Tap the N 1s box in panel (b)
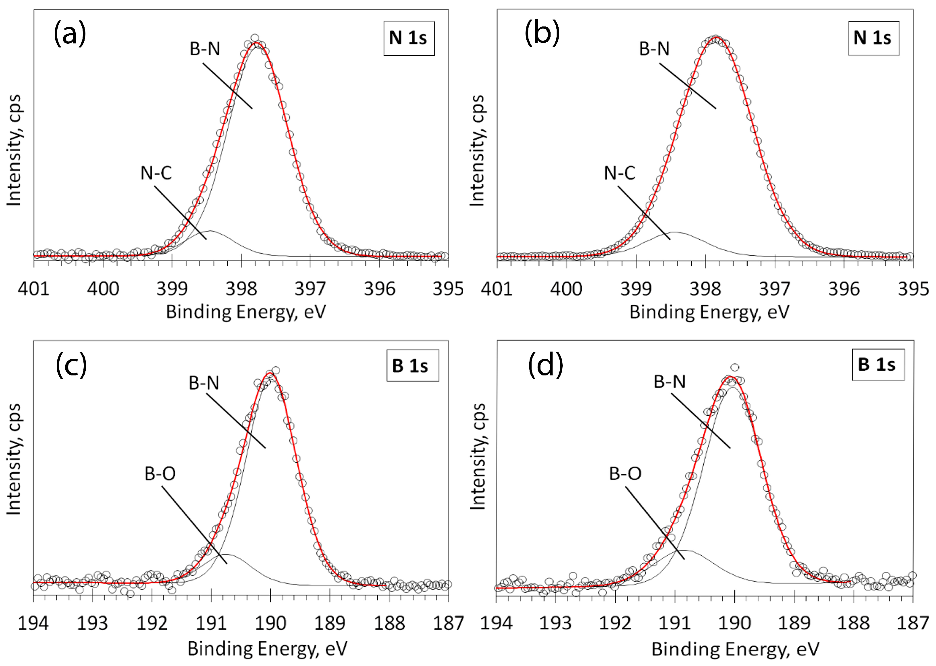(x=873, y=38)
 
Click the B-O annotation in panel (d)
(x=625, y=474)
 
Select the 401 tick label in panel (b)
(x=497, y=289)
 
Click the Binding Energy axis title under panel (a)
(x=246, y=312)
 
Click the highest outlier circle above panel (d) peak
(x=735, y=367)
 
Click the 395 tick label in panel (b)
(x=913, y=289)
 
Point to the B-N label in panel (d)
(x=670, y=382)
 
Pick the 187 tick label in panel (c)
(x=448, y=623)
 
